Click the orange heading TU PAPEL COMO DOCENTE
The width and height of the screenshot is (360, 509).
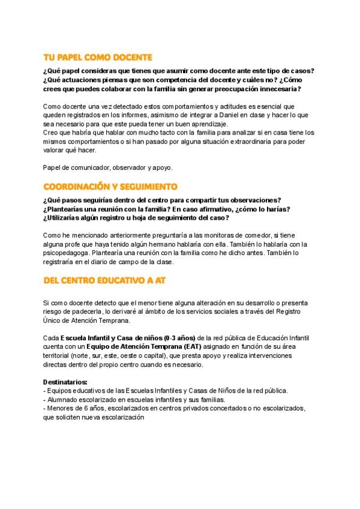98,57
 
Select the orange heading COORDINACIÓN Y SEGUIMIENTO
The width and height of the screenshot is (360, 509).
110,187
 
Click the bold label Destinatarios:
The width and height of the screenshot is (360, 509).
65,382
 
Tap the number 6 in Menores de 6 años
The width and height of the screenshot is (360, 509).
82,408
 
